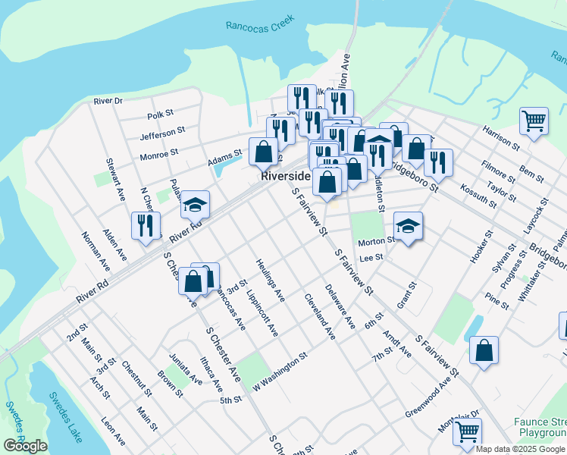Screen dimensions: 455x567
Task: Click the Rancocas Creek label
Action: pos(260,26)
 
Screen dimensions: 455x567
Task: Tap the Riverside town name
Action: pos(285,175)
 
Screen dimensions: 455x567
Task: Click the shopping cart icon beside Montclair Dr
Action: pos(467,432)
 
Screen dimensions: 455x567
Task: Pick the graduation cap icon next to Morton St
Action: pos(408,225)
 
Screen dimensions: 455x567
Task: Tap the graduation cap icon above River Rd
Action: pos(195,204)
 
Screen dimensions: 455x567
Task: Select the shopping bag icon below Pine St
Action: pos(484,350)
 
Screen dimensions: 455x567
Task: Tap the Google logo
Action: pos(25,446)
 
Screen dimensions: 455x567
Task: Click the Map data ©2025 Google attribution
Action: pos(520,449)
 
